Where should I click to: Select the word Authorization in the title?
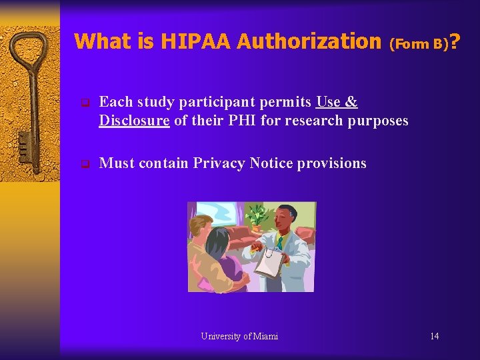(x=308, y=41)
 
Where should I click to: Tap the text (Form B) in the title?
(x=418, y=45)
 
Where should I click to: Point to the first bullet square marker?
(x=84, y=103)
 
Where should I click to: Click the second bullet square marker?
(x=84, y=164)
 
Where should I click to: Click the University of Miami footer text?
(x=239, y=336)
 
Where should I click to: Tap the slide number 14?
(x=434, y=336)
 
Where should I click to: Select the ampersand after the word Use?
(x=352, y=102)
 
